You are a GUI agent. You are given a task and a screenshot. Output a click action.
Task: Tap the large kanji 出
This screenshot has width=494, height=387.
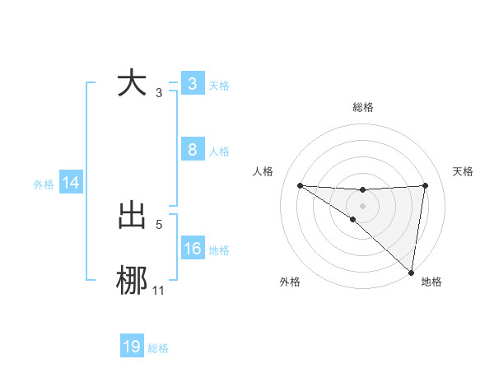[x=132, y=215]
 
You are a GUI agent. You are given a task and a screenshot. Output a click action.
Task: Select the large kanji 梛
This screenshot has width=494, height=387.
[x=132, y=281]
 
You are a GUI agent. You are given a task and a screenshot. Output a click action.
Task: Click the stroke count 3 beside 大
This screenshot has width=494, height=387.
[x=158, y=93]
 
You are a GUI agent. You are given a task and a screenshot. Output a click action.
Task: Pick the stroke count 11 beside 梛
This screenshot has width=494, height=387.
[x=158, y=290]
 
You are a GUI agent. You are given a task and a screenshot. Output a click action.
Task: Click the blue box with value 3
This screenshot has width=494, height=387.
[x=192, y=84]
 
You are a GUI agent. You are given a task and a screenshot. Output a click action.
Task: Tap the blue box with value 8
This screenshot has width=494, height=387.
[x=192, y=150]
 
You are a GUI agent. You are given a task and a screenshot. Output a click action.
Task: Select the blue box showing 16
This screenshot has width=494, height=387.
[x=192, y=249]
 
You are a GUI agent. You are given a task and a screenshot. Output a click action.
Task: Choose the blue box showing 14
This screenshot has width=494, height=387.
[x=71, y=183]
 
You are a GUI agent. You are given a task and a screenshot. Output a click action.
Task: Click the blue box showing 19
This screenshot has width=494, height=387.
[x=132, y=347]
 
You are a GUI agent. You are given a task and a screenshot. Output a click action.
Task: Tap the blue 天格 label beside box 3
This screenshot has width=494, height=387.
[x=219, y=85]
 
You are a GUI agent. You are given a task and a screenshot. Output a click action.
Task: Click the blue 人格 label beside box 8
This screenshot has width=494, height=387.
[x=219, y=151]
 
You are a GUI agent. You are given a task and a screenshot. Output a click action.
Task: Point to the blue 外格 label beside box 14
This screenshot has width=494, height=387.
[x=44, y=184]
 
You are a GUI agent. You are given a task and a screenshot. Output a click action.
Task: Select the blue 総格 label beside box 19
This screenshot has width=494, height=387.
[x=158, y=348]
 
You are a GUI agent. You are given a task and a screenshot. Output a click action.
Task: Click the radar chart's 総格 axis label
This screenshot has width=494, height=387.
[x=362, y=107]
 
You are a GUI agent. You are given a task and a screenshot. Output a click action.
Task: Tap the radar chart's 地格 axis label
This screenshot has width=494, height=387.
[x=431, y=282]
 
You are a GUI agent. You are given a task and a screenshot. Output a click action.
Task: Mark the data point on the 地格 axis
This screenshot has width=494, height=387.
[x=411, y=272]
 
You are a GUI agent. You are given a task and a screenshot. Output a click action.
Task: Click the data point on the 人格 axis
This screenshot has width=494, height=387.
[x=300, y=185]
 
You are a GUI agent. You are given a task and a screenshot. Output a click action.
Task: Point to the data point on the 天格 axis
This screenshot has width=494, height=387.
[x=425, y=185]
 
